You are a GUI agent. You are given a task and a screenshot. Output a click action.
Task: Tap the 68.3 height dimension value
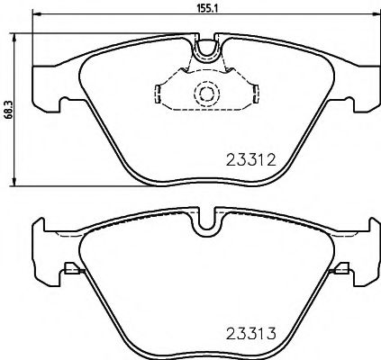7,107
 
